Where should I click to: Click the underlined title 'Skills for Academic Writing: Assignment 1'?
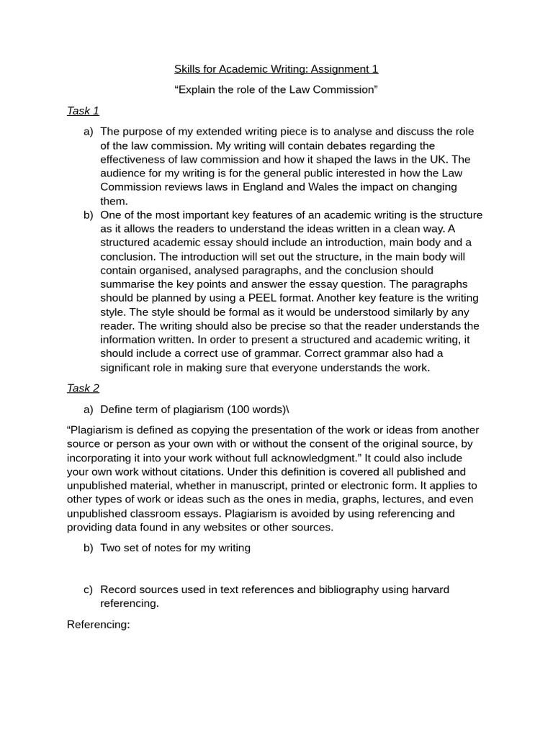click(x=276, y=69)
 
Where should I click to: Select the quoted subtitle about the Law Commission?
click(x=276, y=90)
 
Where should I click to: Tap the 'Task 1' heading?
click(x=83, y=111)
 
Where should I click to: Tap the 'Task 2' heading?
click(x=83, y=389)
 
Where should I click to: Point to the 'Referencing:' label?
click(x=98, y=625)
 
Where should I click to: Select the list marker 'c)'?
click(x=88, y=589)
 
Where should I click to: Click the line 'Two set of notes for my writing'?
click(x=175, y=548)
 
